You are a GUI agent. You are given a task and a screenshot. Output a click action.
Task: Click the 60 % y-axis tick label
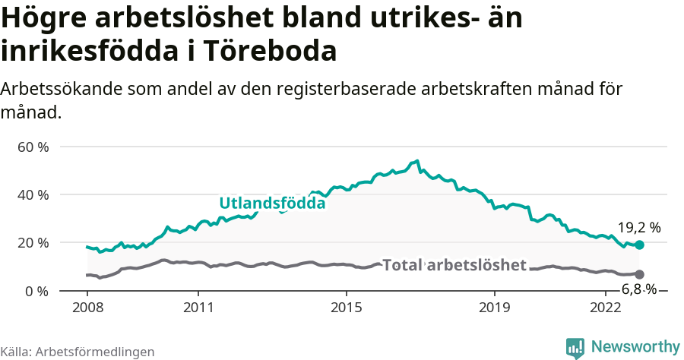pos(33,147)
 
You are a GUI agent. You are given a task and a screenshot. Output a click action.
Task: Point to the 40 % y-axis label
pos(33,194)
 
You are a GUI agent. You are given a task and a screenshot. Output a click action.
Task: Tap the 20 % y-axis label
pos(33,243)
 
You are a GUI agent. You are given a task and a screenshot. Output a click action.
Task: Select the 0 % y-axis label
pos(36,291)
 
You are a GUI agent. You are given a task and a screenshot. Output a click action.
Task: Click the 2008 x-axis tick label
pos(87,308)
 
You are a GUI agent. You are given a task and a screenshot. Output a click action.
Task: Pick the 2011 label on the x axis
pos(198,308)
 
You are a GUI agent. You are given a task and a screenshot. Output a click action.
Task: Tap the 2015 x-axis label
pos(347,308)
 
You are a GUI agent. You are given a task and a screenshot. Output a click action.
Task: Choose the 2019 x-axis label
pos(495,308)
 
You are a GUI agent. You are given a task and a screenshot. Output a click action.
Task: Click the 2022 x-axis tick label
pos(606,308)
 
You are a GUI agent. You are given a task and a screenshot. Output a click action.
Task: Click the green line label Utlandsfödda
pos(272,203)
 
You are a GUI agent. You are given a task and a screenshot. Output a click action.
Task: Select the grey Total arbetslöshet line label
pos(454,265)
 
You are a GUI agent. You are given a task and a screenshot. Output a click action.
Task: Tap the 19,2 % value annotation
pos(638,227)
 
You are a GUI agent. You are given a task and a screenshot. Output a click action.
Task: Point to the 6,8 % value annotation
pos(638,289)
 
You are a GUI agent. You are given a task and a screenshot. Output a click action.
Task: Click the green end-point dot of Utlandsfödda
pos(639,245)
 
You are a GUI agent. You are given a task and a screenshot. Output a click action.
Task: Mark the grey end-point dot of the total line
pos(639,274)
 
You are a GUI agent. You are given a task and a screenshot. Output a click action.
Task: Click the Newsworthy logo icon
pos(575,347)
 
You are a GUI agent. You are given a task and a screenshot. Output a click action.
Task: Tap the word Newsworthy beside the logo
pos(635,347)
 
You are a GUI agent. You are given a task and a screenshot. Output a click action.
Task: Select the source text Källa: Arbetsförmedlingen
pos(78,352)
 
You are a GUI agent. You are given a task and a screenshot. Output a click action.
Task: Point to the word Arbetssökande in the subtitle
pos(55,88)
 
